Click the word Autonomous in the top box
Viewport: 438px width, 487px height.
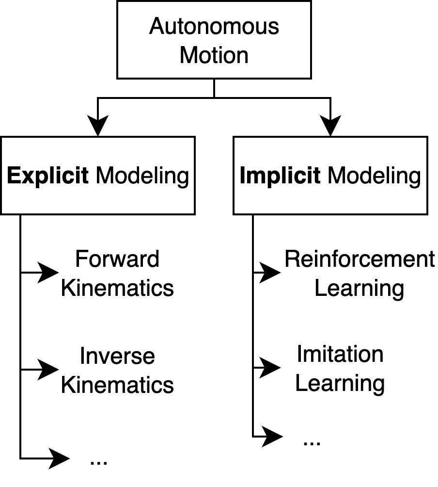click(214, 26)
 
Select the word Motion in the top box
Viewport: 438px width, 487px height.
click(214, 55)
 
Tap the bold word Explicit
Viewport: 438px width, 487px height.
click(47, 176)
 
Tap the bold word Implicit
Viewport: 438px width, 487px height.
click(280, 176)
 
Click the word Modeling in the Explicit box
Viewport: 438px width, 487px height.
click(142, 176)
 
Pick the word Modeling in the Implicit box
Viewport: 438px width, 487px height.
click(374, 176)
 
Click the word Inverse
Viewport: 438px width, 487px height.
click(117, 356)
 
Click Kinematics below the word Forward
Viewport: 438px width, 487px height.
click(117, 288)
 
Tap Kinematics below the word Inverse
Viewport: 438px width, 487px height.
click(117, 385)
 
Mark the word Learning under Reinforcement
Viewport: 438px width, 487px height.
click(359, 289)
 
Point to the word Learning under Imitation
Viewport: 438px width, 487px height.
click(340, 384)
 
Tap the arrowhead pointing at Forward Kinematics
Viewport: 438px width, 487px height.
click(48, 273)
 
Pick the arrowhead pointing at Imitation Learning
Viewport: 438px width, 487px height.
click(270, 368)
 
